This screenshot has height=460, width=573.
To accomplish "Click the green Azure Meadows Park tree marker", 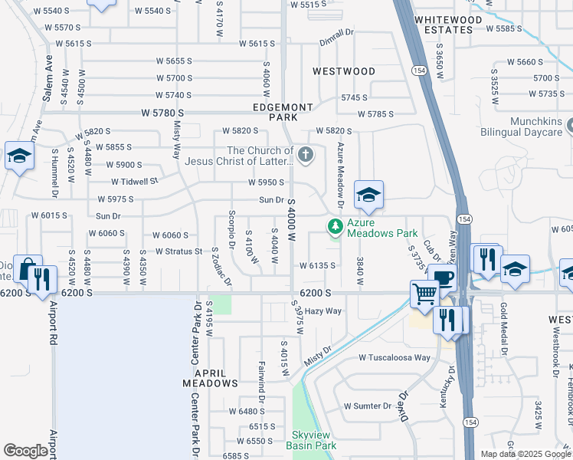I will (334, 226).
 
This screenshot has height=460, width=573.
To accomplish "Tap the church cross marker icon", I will (305, 156).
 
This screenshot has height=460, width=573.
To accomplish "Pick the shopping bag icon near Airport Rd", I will (28, 269).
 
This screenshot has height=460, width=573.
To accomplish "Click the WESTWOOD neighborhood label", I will (344, 71).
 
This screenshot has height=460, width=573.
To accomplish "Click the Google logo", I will (26, 450).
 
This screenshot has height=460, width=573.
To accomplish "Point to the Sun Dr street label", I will (271, 200).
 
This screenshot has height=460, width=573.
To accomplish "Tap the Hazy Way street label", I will (323, 311).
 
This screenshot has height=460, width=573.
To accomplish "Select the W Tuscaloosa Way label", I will (395, 358).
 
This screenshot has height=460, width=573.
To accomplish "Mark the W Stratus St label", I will (178, 251).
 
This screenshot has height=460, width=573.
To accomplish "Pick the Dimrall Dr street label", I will (337, 32).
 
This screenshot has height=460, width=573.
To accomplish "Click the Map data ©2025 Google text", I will (525, 454).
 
